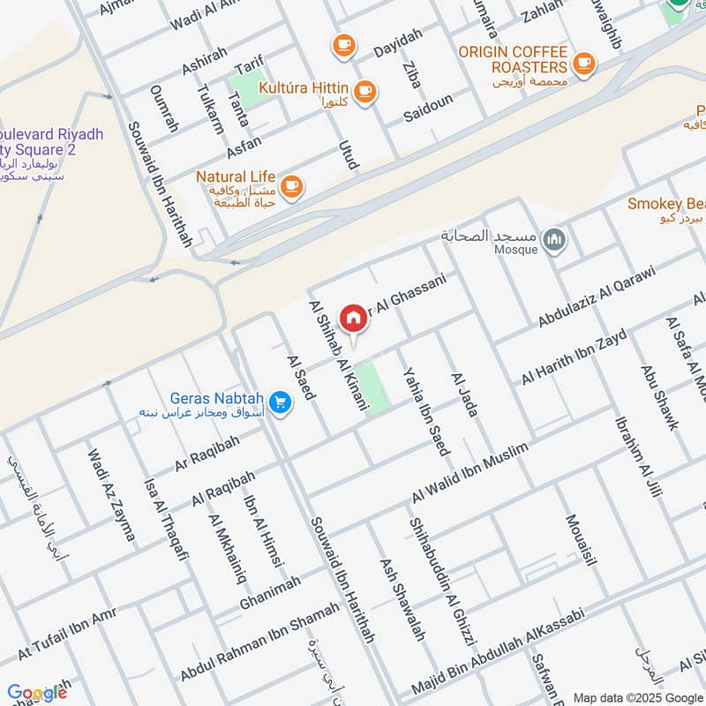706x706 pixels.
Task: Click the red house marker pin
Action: pos(353,318)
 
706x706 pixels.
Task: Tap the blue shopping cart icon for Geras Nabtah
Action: pos(281,402)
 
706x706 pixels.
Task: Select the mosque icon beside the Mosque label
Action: pos(555,239)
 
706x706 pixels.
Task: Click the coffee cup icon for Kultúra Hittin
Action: pos(364,90)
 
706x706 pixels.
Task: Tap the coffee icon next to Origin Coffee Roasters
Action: pos(582,63)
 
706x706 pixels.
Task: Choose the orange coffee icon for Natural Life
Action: pos(293,186)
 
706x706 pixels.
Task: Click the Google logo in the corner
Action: pos(37,693)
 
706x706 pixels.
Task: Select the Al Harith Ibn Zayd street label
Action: pos(574,357)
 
